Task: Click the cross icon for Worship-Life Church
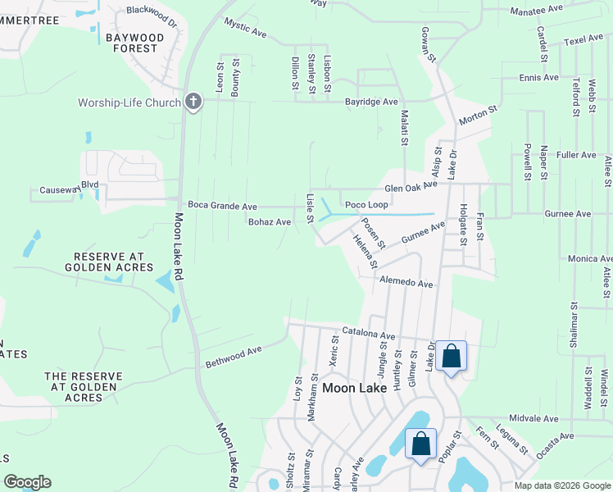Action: [x=193, y=102]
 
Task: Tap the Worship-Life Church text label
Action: [x=129, y=102]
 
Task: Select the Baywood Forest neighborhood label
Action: [x=130, y=43]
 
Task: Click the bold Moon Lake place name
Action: [x=355, y=387]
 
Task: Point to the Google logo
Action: [x=27, y=482]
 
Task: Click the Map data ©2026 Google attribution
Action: [x=561, y=485]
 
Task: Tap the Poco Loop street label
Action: [x=366, y=205]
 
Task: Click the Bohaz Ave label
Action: [x=270, y=221]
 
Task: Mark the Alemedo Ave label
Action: [x=406, y=282]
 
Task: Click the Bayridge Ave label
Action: [x=371, y=102]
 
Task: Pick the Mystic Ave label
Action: [x=246, y=30]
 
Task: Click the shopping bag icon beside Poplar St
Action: [x=420, y=444]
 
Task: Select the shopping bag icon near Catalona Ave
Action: [x=451, y=356]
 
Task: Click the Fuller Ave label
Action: [x=576, y=154]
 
